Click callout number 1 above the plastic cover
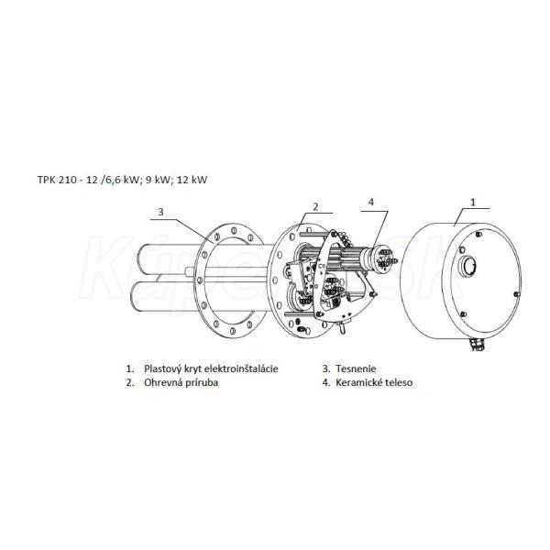473,202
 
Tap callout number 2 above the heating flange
315,206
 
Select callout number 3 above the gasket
160,212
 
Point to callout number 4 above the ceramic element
371,202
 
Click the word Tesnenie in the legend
356,368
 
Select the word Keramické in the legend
357,382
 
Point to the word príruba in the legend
203,382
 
